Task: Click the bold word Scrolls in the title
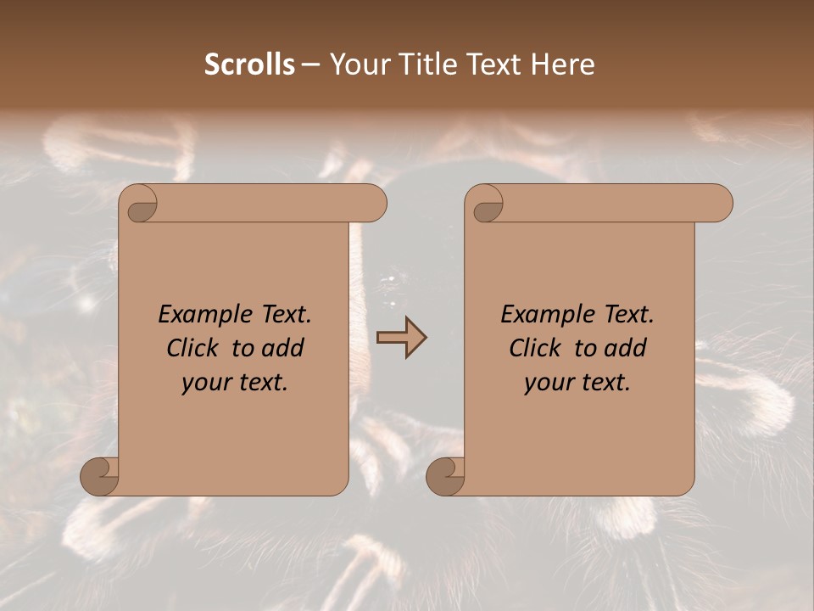tap(249, 64)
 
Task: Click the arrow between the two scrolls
tap(401, 338)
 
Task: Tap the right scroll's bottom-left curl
tap(445, 477)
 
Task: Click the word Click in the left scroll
tap(194, 349)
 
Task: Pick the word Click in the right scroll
tap(536, 349)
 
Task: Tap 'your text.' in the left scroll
tap(235, 383)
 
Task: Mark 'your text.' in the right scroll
tap(577, 383)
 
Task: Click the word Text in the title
tap(495, 64)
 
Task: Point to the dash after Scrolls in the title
tap(310, 64)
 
